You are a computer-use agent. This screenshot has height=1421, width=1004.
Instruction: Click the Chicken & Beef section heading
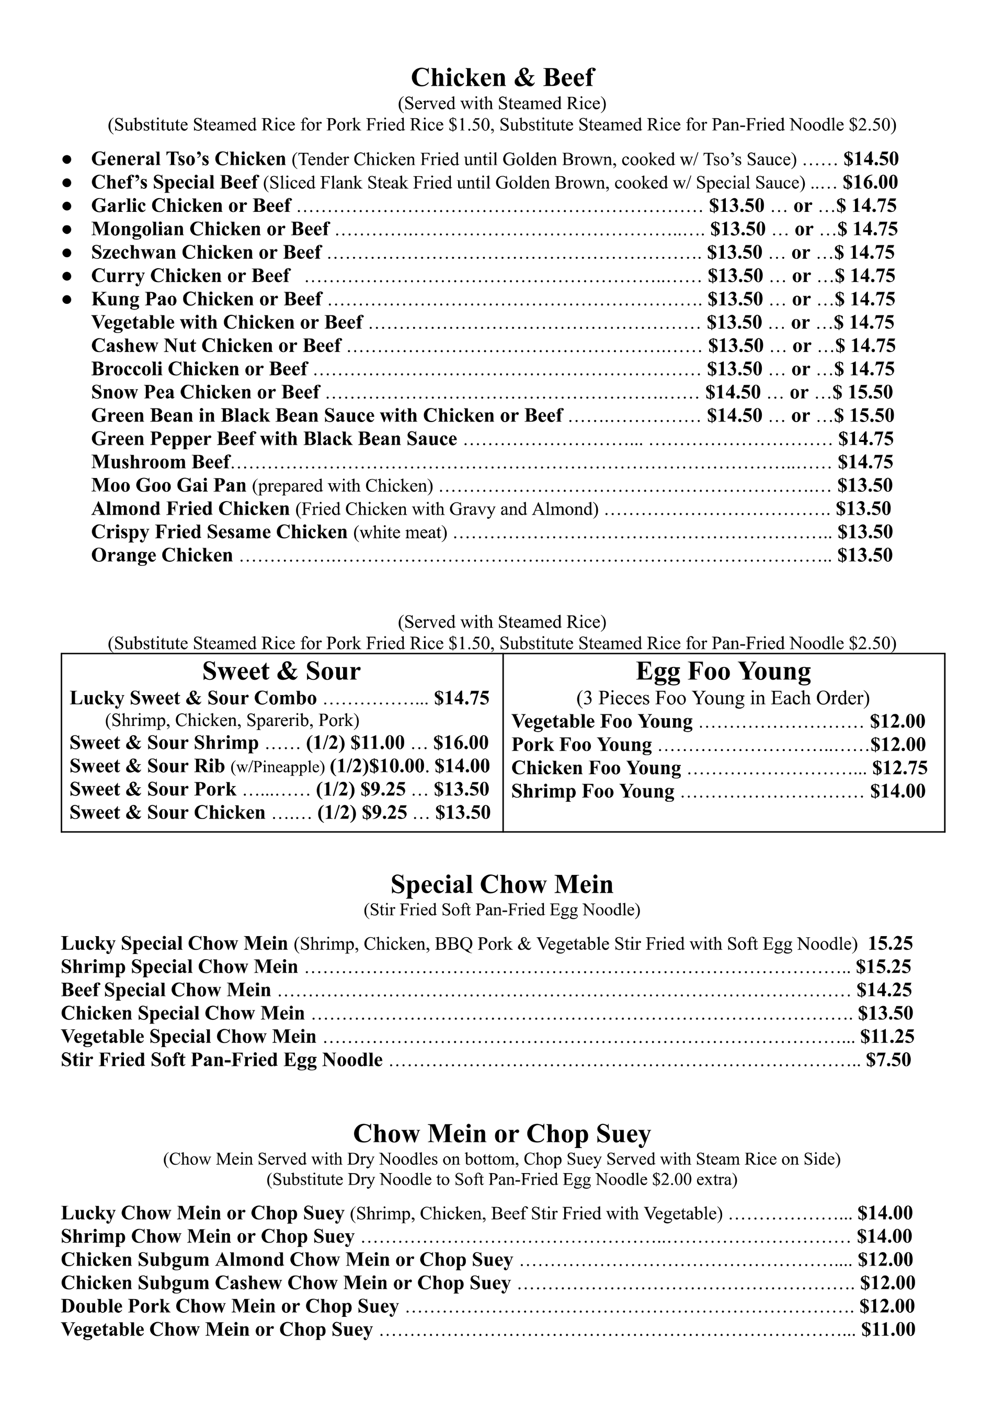point(502,78)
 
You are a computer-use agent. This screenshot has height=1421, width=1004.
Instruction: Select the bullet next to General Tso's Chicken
point(67,160)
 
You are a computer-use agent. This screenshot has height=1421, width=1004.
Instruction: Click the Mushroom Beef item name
point(161,462)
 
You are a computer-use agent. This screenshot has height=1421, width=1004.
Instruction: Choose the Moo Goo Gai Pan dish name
point(168,485)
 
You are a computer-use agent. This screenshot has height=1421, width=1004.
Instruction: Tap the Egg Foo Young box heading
point(723,672)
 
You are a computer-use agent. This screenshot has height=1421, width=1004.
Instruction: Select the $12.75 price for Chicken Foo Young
point(900,768)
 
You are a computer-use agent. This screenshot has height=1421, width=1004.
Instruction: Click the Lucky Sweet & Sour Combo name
point(193,698)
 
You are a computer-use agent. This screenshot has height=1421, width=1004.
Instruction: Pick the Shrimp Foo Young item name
point(592,792)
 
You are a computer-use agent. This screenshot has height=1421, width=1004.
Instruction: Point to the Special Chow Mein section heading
point(502,884)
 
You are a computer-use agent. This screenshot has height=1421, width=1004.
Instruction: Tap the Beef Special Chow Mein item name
point(166,990)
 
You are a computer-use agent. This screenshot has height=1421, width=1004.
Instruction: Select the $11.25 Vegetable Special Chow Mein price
point(887,1037)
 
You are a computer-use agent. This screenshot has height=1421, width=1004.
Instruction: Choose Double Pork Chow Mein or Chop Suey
point(230,1306)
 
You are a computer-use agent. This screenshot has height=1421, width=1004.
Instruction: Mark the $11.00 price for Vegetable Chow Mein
point(888,1330)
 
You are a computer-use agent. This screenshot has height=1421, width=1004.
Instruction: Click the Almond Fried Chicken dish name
point(190,509)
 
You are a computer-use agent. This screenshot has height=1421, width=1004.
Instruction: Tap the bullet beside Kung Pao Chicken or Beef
point(67,300)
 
